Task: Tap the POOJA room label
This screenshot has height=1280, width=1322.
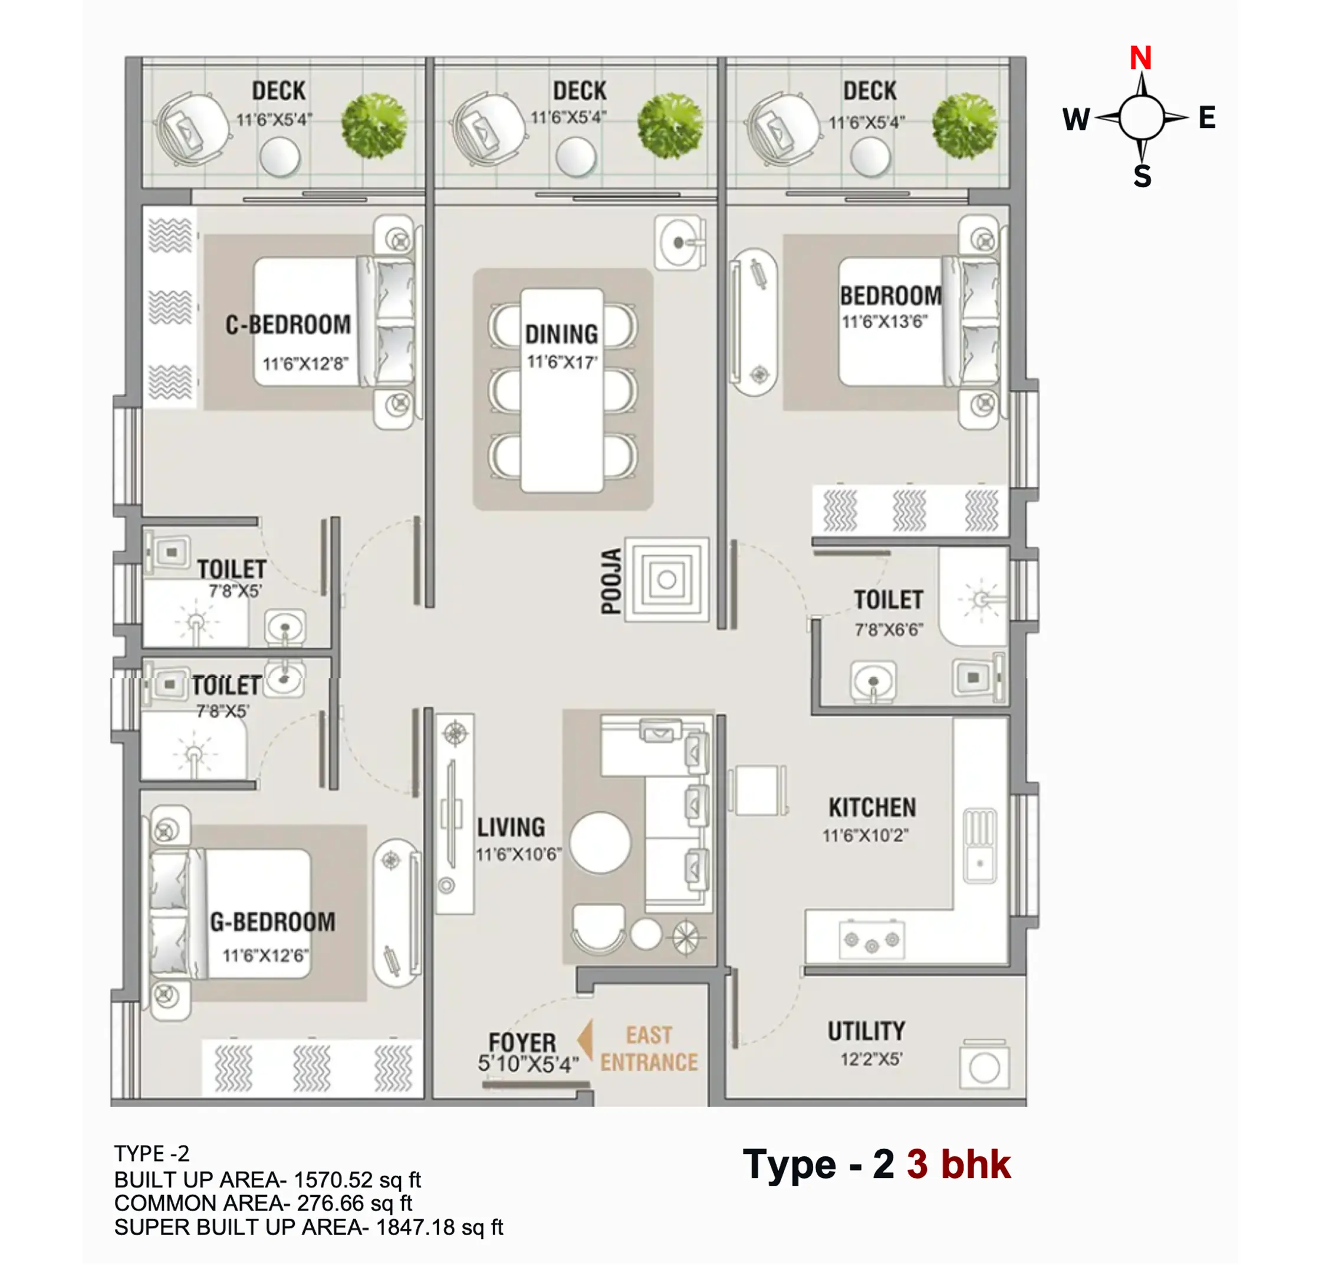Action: coord(611,581)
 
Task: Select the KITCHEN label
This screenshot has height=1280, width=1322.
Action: coord(872,807)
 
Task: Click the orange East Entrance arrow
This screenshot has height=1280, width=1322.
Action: coord(586,1039)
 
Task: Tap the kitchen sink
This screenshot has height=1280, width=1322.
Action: coord(979,845)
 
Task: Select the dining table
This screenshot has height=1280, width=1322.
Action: coord(562,390)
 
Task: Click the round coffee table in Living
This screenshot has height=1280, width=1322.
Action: coord(600,843)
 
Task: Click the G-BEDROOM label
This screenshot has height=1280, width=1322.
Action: coord(272,922)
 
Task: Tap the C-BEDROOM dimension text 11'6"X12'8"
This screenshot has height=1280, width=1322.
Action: coord(305,364)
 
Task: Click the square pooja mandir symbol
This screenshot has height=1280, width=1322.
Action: coord(667,580)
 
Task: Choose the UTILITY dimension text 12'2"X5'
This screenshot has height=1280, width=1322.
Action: coord(871,1059)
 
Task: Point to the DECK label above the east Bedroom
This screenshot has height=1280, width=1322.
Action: coord(869,91)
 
